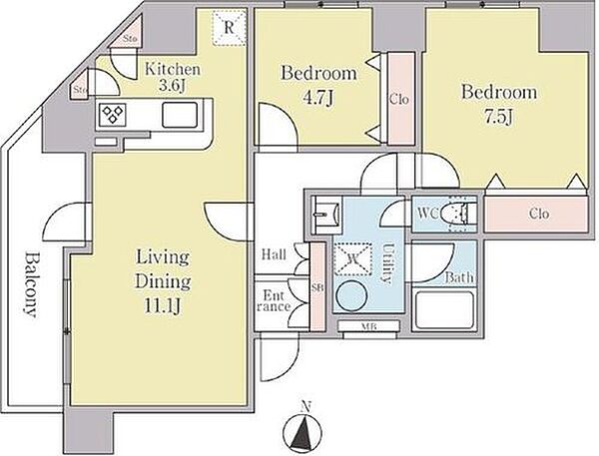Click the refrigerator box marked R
point(229,28)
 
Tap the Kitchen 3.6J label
point(173,78)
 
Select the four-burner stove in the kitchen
point(112,114)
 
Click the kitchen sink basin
point(180,115)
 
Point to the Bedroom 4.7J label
point(319,85)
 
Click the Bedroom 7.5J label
point(499,104)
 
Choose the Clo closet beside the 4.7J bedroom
point(399,99)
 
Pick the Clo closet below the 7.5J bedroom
point(536,214)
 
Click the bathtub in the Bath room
point(444,310)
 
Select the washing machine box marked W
point(353,258)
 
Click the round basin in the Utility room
point(351,296)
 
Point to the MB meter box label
point(368,326)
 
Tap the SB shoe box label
point(317,287)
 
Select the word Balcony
point(30,284)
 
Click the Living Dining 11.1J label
point(163,281)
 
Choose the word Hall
point(275,254)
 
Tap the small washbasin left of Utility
point(325,214)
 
